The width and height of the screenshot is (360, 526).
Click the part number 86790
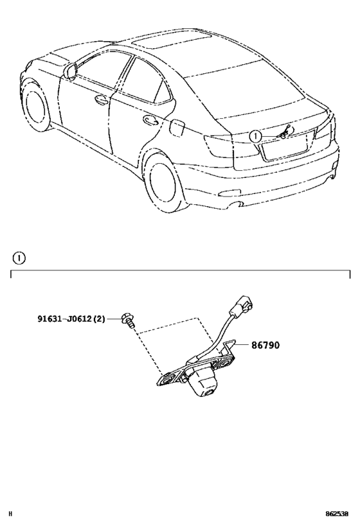[265, 345]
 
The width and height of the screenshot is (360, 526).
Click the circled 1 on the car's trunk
[256, 136]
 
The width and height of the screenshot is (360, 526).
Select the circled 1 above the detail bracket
[19, 258]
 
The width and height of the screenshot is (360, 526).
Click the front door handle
[101, 100]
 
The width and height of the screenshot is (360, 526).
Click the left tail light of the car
[219, 146]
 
